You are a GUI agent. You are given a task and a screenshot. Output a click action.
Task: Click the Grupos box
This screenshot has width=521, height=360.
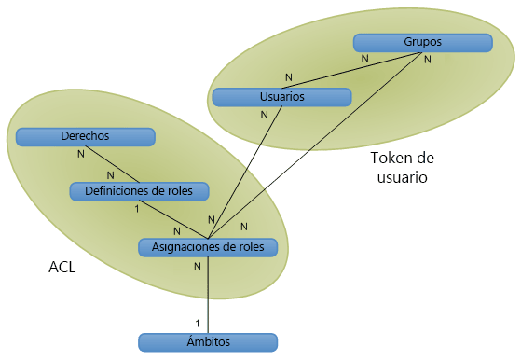coord(422,43)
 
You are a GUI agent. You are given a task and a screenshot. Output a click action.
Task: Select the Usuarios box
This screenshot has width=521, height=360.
coord(281,97)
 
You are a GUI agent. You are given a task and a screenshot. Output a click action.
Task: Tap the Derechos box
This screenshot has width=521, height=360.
coord(85,137)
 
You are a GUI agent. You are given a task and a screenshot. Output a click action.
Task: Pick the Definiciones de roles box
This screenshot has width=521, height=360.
coord(139,191)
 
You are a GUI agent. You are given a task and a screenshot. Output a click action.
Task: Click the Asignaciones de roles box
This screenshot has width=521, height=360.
coord(208,247)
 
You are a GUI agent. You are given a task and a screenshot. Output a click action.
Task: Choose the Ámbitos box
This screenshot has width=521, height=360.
coord(207,342)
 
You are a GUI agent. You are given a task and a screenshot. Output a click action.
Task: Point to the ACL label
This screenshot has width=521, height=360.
coord(62,268)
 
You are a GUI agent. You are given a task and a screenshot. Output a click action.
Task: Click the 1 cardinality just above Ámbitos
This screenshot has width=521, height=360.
coord(197,323)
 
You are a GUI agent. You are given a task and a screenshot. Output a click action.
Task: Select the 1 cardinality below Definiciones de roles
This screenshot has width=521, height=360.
coord(137,209)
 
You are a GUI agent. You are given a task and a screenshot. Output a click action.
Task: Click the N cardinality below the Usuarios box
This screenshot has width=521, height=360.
coord(265,115)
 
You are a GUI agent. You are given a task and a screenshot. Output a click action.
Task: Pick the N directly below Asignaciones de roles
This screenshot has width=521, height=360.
coord(197,266)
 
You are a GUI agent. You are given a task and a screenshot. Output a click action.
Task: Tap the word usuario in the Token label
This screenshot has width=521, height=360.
coord(404,177)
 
